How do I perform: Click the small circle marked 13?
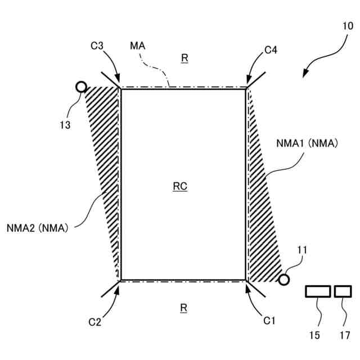[81, 87]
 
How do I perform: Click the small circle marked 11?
[284, 279]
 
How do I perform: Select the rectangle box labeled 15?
[318, 291]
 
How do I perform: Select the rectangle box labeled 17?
[343, 291]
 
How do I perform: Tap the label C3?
[97, 47]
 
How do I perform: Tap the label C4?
[271, 51]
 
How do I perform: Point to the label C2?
[95, 322]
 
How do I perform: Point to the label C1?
[270, 321]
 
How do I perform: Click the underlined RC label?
[180, 187]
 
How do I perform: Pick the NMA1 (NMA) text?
[307, 143]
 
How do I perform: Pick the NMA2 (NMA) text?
[38, 228]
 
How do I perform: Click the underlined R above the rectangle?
[183, 58]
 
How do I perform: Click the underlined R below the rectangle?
[183, 308]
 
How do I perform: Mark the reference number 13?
[65, 125]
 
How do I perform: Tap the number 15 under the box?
[314, 336]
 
